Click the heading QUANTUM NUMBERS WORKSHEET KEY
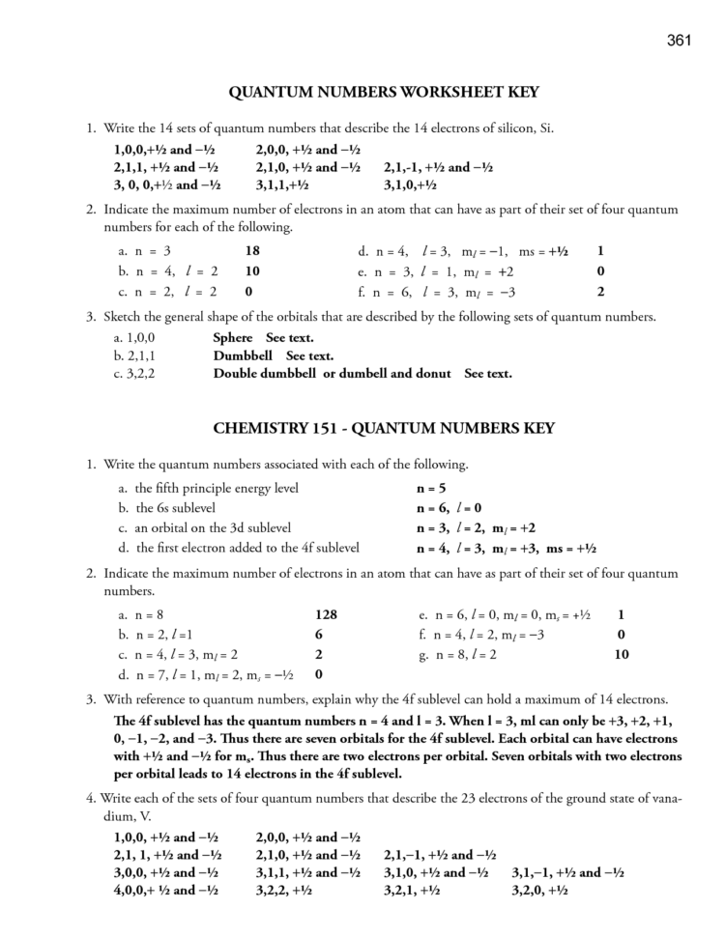[x=383, y=93]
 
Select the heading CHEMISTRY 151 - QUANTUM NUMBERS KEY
[x=383, y=428]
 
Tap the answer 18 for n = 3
[x=252, y=251]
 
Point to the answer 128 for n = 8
[x=326, y=614]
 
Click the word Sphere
[x=232, y=338]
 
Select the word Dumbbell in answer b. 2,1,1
[x=244, y=355]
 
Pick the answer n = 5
[x=431, y=488]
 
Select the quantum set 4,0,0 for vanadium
[x=167, y=891]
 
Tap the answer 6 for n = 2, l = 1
[x=319, y=635]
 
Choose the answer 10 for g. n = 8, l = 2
[x=622, y=654]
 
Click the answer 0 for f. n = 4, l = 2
[x=621, y=635]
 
